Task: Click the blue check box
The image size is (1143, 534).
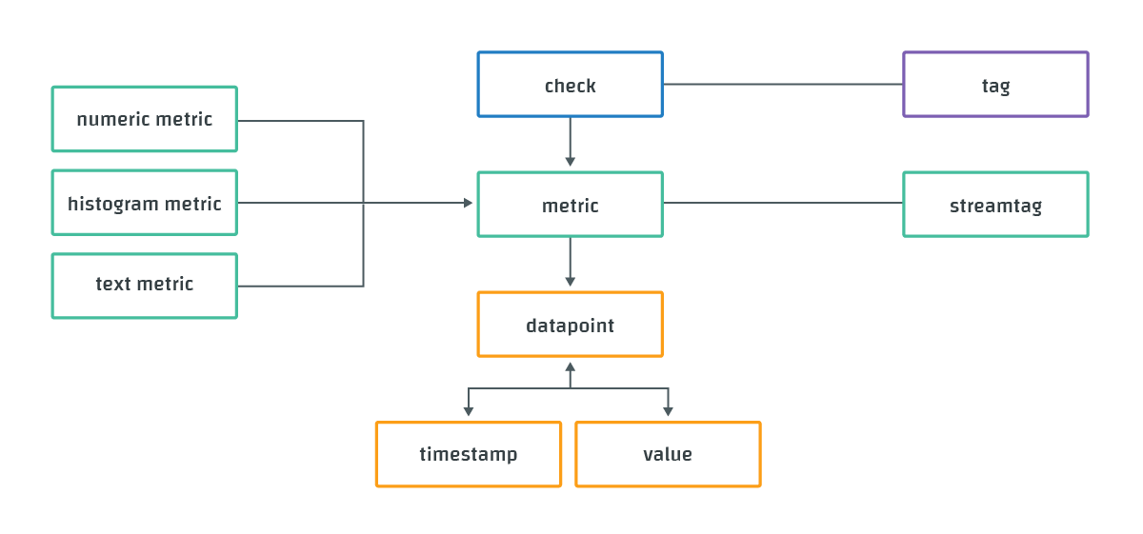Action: tap(570, 85)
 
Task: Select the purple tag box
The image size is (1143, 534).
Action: tap(995, 85)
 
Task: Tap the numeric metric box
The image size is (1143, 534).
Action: tap(144, 119)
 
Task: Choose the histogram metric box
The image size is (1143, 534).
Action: tap(144, 203)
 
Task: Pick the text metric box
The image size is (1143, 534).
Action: tap(144, 286)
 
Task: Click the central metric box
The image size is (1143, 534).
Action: tap(570, 205)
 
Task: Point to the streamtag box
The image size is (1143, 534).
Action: tap(995, 205)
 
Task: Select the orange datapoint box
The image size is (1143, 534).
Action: tap(570, 325)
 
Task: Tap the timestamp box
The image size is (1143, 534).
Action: tap(468, 454)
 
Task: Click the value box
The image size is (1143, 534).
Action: tap(668, 454)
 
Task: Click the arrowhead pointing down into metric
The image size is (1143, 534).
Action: tap(570, 162)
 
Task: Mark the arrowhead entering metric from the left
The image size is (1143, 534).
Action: tap(468, 203)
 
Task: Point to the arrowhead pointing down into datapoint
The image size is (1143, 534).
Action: tap(570, 282)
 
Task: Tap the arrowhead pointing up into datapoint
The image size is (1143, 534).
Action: tap(570, 366)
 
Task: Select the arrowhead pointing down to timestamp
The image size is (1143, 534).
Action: tap(468, 411)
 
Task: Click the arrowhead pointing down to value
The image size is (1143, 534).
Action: tap(668, 411)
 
